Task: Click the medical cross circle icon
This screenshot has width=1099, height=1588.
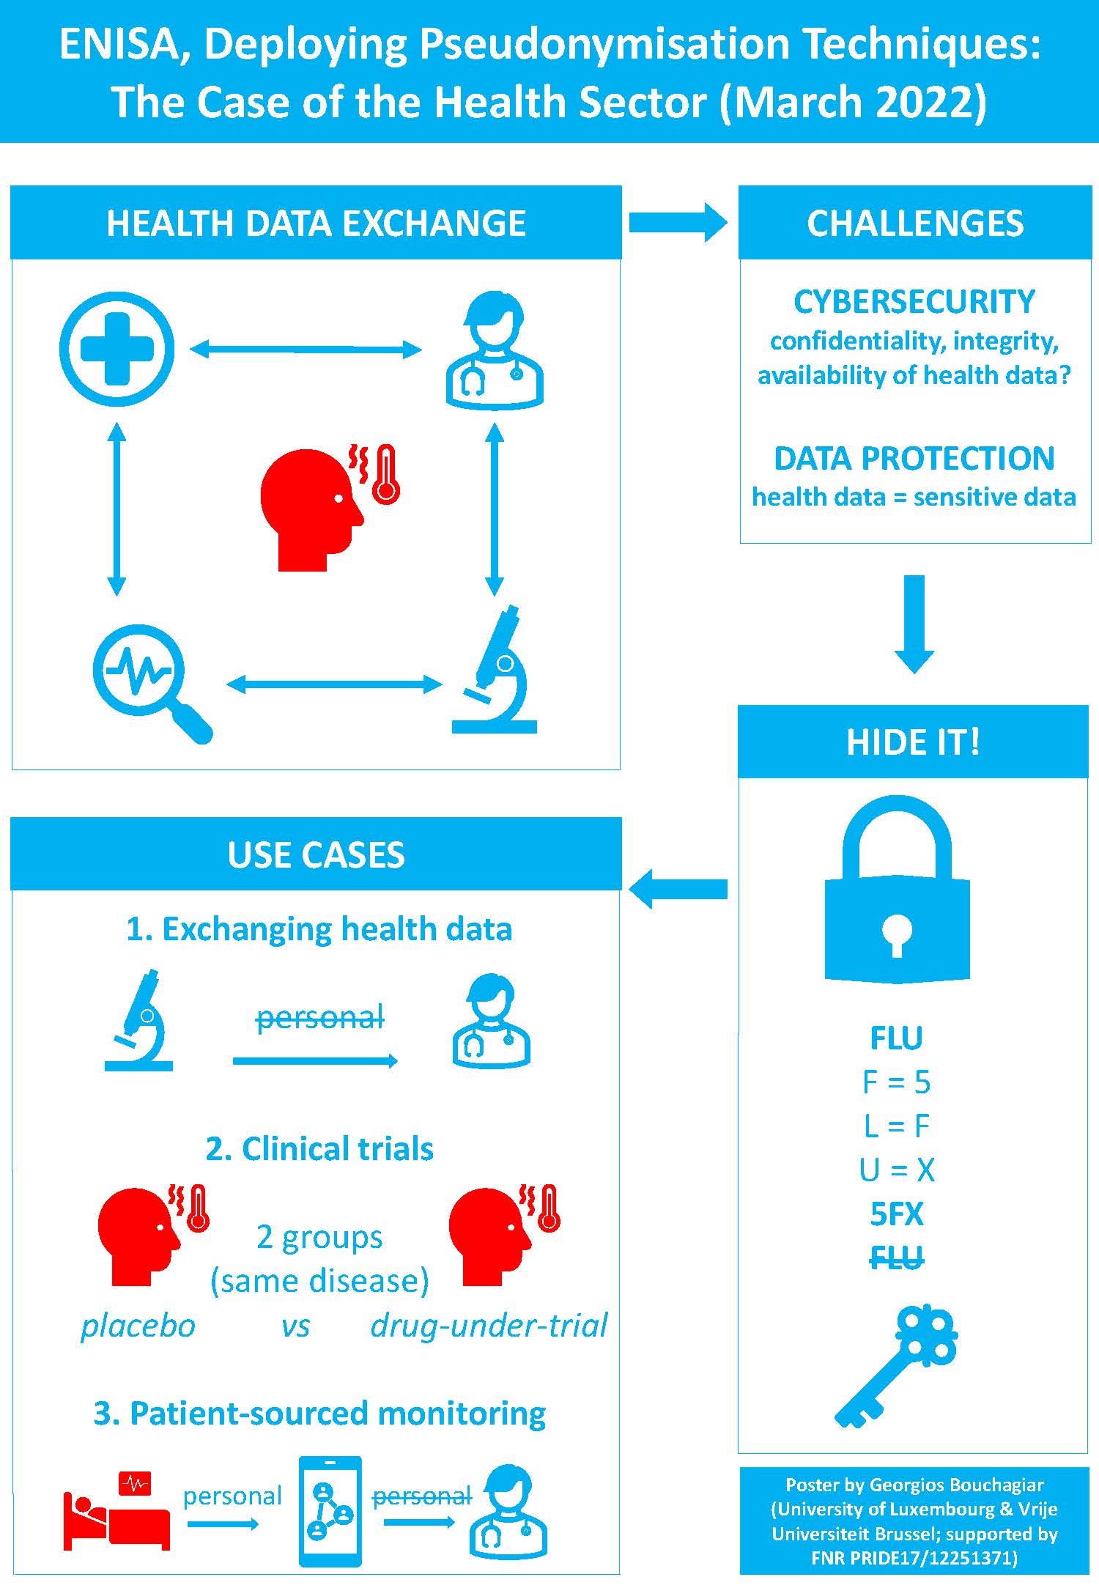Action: click(116, 350)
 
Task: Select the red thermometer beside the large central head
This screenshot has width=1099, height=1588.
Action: click(385, 474)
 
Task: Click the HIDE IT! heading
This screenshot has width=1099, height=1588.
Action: click(913, 742)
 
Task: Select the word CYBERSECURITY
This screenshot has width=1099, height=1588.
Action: click(914, 302)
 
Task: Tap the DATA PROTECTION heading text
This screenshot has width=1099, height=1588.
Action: click(914, 459)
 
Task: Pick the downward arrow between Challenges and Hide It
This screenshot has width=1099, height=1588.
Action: click(914, 623)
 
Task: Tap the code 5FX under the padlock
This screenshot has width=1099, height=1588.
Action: click(897, 1214)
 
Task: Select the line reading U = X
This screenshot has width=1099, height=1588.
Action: click(897, 1170)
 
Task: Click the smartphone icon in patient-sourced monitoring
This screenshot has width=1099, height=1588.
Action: click(330, 1511)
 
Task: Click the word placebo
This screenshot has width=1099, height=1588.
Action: click(138, 1326)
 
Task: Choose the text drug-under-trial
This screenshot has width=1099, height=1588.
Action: click(489, 1326)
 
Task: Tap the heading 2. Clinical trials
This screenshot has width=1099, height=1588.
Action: click(319, 1149)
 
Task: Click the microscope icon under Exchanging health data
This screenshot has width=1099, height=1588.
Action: click(139, 1021)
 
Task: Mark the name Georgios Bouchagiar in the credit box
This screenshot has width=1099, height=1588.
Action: click(956, 1485)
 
